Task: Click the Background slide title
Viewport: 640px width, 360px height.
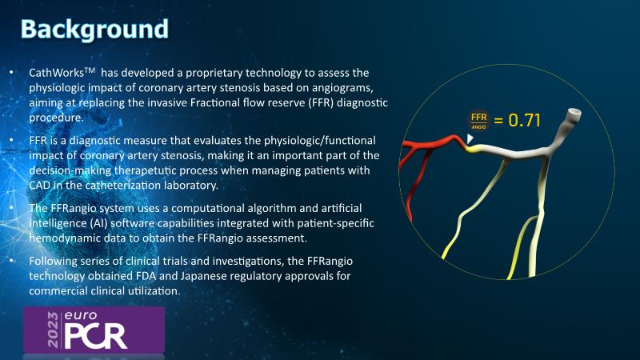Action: (x=94, y=30)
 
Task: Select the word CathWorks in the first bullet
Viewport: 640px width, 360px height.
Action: (x=56, y=73)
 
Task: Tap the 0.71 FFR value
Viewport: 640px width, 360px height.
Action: (x=525, y=121)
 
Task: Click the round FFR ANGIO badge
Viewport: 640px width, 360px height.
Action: (x=478, y=121)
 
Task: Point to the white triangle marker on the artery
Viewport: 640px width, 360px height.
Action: (x=470, y=138)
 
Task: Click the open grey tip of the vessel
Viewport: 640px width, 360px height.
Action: (x=574, y=112)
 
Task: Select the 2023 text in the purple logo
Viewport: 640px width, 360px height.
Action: (x=53, y=330)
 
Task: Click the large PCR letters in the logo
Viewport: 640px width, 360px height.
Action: (x=95, y=335)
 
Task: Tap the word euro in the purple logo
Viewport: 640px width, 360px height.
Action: (x=81, y=315)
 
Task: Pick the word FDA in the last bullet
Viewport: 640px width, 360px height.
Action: (x=146, y=276)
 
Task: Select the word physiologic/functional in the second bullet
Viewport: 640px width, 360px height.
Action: (x=319, y=141)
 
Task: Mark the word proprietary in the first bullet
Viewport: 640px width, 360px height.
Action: (x=214, y=73)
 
